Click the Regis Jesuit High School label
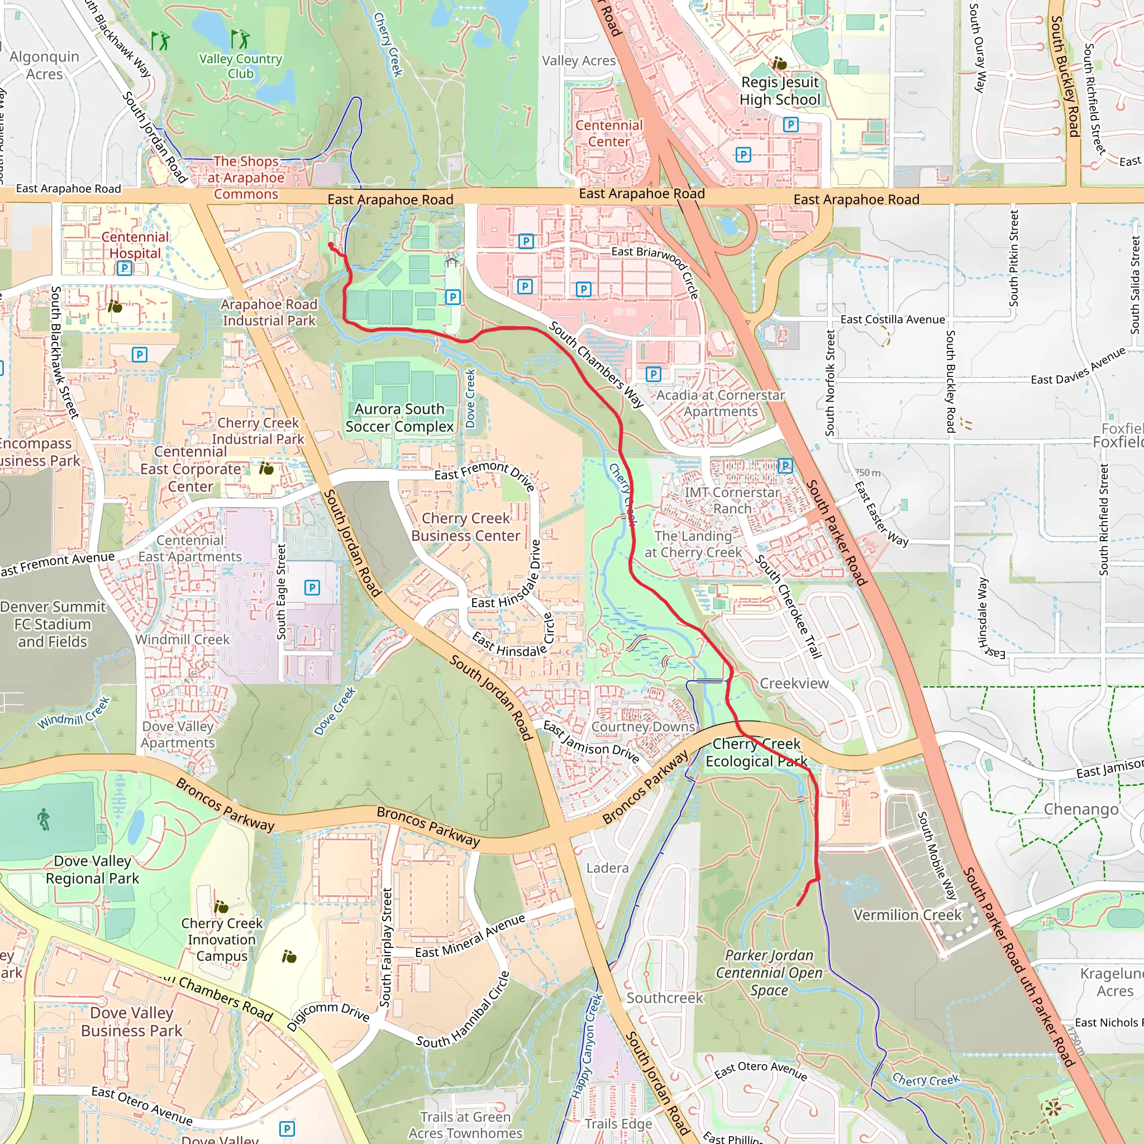780,90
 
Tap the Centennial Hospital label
135,245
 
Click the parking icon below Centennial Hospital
125,268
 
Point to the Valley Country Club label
240,66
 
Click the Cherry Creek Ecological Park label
756,752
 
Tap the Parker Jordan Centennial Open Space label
769,973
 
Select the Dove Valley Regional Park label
92,869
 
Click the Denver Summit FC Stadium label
52,624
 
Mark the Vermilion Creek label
907,915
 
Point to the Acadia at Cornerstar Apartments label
721,403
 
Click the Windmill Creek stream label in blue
74,713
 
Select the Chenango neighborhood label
1081,809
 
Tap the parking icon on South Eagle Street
312,588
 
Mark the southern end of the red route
798,905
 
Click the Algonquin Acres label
45,65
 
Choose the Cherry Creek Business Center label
465,527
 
